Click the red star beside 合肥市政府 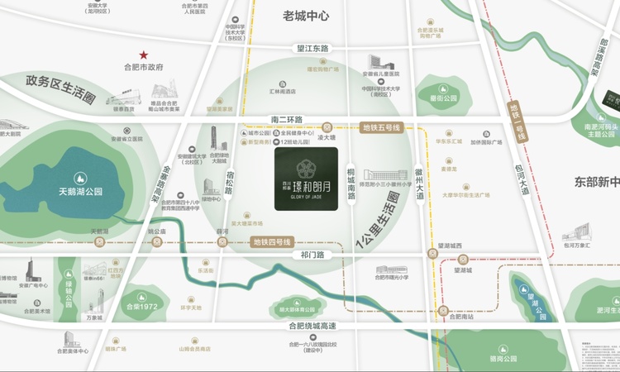(x=143, y=54)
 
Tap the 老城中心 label (x=306, y=16)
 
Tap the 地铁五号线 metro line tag (x=381, y=127)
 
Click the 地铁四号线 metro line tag (x=272, y=242)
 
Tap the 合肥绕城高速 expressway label (x=313, y=326)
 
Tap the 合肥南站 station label (x=455, y=317)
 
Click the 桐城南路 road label (x=351, y=184)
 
